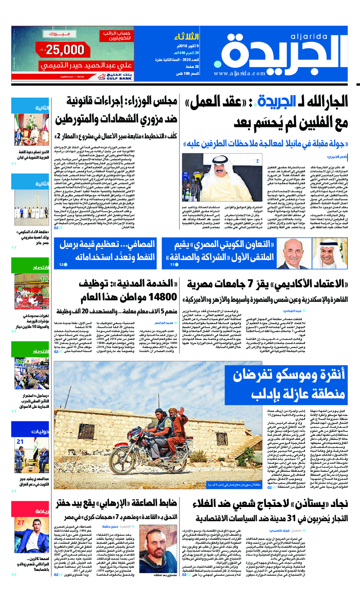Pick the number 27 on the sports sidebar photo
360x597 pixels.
click(x=22, y=522)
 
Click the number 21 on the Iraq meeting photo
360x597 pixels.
click(x=20, y=442)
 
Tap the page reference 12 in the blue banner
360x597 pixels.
click(x=61, y=265)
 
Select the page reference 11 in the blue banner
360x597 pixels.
click(x=172, y=265)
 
